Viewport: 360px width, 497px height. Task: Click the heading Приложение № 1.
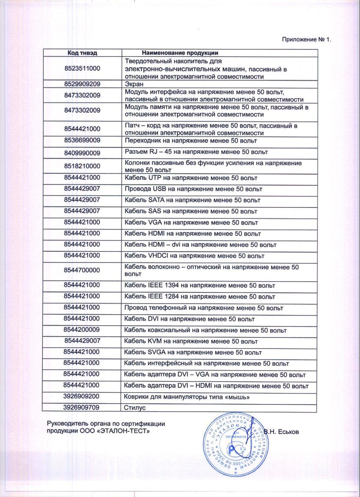pos(306,40)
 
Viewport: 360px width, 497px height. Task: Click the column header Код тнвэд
pos(82,53)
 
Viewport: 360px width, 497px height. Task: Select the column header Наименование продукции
pos(180,53)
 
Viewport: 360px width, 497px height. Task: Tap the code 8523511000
pos(82,68)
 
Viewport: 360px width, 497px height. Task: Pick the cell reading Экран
pos(134,84)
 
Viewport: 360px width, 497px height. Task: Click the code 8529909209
pos(82,84)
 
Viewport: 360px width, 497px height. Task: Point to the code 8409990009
pos(82,153)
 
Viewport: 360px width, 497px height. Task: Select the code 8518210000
pos(82,166)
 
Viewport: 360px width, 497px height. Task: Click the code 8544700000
pos(82,270)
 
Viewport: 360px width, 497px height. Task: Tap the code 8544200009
pos(82,330)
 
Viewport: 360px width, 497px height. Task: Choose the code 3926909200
pos(81,396)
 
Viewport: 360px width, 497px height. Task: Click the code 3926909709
pos(81,407)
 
